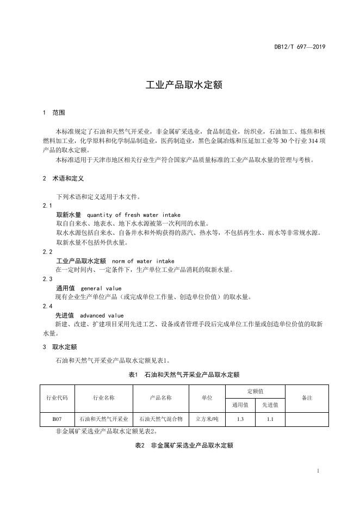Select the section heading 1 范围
point(54,113)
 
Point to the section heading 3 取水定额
point(59,346)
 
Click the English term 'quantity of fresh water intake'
point(133,215)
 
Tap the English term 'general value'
point(101,288)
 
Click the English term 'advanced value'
point(102,315)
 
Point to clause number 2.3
point(47,279)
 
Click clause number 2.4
point(47,306)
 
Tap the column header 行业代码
point(57,398)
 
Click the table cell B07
point(57,419)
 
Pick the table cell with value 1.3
point(240,419)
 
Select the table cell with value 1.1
point(270,419)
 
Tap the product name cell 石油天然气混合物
point(160,419)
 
